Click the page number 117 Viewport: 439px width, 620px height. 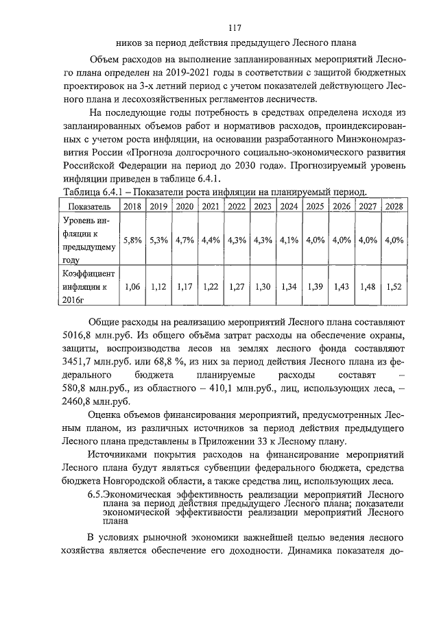(235, 29)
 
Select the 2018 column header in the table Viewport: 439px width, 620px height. (132, 206)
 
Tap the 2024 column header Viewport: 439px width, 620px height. (289, 206)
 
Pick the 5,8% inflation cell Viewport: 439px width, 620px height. (132, 240)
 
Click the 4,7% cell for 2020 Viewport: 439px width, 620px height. (185, 240)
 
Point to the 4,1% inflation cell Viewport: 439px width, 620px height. (289, 240)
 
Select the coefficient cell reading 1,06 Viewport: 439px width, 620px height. (133, 287)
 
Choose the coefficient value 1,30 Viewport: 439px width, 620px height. (263, 287)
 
